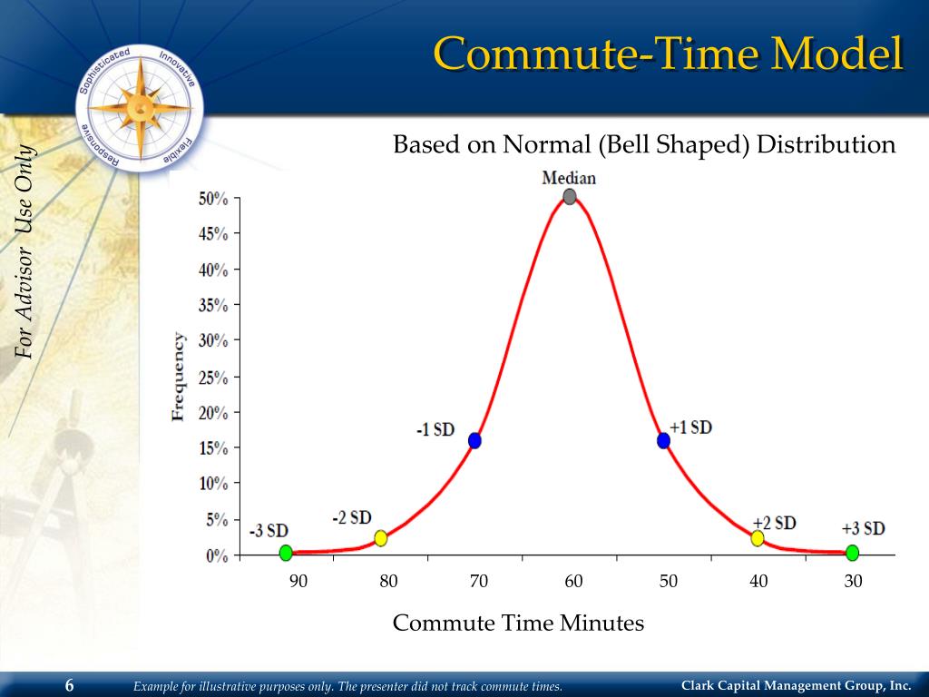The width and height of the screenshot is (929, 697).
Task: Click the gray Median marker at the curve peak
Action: [x=569, y=197]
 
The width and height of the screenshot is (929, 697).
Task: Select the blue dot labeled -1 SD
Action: [x=474, y=440]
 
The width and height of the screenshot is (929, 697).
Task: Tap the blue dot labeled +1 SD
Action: [x=663, y=440]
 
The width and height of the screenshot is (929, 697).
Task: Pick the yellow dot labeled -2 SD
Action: [x=381, y=538]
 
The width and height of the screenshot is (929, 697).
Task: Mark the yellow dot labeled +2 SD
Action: [x=758, y=538]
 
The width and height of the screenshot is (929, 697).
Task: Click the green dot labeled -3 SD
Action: [x=286, y=553]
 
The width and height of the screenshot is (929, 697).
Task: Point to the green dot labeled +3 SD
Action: [x=852, y=553]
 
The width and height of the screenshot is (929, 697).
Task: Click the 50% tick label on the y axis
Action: [x=213, y=199]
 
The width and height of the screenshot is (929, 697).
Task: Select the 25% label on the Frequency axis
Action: [x=213, y=377]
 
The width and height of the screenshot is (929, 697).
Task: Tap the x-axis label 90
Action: [x=298, y=582]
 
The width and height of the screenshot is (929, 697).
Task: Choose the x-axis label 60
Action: [x=573, y=582]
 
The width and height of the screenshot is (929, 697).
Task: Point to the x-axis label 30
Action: [x=853, y=582]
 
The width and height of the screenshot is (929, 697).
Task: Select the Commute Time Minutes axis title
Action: [x=518, y=623]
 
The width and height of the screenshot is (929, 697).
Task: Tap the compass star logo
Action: [x=141, y=107]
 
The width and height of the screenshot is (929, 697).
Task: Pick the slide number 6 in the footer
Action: [x=69, y=685]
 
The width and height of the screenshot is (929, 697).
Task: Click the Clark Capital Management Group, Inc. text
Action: [x=796, y=685]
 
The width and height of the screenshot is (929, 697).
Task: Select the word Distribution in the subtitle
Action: [x=826, y=144]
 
